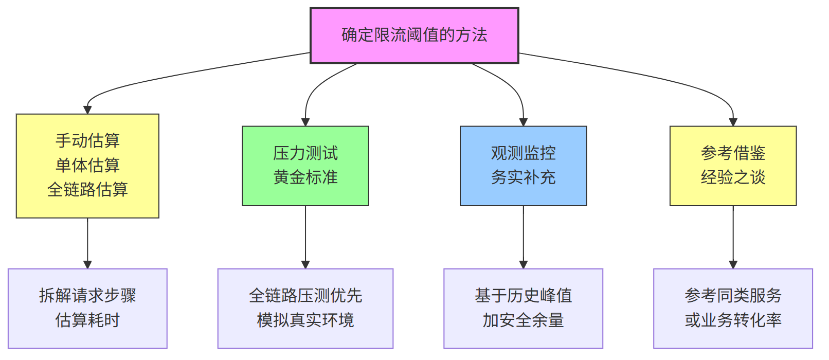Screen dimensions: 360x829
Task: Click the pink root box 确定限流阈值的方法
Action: tap(414, 35)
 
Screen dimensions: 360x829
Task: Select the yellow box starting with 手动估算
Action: tap(87, 166)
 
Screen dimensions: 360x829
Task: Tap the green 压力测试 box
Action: tap(305, 166)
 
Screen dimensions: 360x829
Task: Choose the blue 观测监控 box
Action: tap(523, 166)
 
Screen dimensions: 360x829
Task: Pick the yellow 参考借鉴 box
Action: tap(733, 166)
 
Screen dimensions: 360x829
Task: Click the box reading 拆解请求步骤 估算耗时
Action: tap(87, 308)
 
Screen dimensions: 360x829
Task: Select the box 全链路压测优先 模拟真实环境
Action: tap(305, 308)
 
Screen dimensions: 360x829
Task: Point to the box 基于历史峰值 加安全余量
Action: tap(523, 308)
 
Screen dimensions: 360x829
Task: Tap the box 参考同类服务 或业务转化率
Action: tap(733, 308)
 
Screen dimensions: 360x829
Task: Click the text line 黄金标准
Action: tap(305, 178)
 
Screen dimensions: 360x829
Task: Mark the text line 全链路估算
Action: tap(87, 190)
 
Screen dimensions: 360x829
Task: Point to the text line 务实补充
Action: tap(523, 178)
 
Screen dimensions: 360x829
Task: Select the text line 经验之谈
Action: tap(733, 178)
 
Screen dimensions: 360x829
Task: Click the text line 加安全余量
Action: tap(523, 320)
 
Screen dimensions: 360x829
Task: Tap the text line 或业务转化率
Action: tap(733, 320)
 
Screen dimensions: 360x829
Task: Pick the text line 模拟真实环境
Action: tap(305, 320)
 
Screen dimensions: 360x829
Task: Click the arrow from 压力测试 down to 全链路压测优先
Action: tap(305, 237)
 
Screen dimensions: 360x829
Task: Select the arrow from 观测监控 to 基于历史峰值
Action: tap(524, 237)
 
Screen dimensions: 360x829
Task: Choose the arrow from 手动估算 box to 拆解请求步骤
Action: tap(87, 242)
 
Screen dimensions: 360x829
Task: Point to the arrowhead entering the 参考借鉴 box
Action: tap(733, 122)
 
